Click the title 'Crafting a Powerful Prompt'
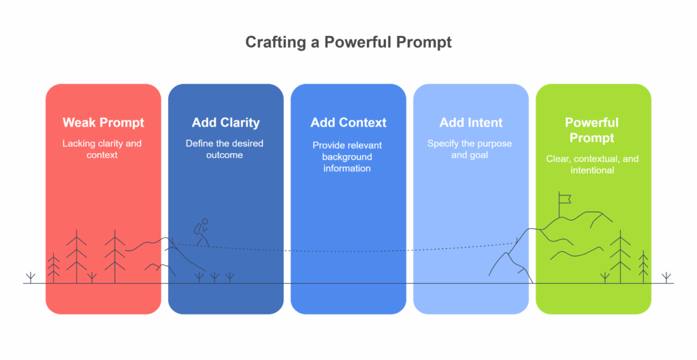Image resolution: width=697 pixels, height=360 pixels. [x=348, y=42]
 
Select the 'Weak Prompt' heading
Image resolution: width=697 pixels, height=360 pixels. [x=103, y=123]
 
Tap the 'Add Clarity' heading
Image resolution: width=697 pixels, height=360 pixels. [x=225, y=123]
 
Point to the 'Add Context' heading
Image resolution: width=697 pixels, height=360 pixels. [x=348, y=123]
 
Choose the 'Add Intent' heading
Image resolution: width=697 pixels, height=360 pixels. [x=471, y=123]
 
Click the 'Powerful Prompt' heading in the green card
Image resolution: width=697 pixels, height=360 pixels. [x=591, y=130]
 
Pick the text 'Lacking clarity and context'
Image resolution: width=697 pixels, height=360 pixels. [x=103, y=149]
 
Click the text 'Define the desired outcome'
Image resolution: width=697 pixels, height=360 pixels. [x=225, y=149]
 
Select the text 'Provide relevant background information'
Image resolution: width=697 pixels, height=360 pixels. [x=347, y=157]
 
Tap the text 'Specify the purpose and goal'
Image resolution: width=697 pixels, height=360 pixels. [x=470, y=149]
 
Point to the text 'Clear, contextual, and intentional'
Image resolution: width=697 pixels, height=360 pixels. [x=592, y=164]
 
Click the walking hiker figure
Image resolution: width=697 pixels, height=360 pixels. [x=202, y=233]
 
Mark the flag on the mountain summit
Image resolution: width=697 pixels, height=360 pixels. [x=563, y=199]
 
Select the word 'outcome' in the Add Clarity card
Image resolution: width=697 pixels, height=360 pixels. [x=225, y=155]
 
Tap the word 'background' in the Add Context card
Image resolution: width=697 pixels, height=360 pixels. [x=347, y=157]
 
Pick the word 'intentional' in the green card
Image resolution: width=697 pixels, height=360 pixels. [x=592, y=170]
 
